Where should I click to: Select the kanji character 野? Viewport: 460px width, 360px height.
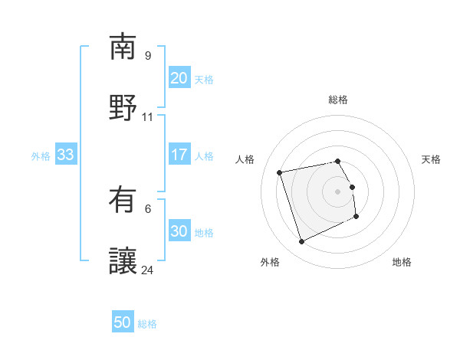coord(123,107)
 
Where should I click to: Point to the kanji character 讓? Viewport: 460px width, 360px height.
coord(123,261)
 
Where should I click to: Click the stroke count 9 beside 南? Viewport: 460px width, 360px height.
coord(148,55)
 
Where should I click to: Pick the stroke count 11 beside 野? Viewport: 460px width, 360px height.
coord(148,117)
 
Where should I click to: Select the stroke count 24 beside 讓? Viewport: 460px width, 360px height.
coord(148,270)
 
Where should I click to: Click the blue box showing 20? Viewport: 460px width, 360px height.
coord(179,78)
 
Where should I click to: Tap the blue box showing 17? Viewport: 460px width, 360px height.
coord(179,155)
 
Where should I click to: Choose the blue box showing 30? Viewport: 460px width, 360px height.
coord(179,231)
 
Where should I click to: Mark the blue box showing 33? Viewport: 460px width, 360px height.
coord(65,155)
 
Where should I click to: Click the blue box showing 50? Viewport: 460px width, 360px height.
coord(123,322)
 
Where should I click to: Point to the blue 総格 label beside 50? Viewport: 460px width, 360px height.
coord(147,324)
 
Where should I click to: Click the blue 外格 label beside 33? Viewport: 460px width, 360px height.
coord(41,156)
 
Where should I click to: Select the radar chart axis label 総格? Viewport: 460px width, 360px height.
coord(338,100)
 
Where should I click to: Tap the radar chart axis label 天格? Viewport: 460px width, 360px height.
coord(431,159)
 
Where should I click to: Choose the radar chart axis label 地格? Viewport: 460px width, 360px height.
coord(402,262)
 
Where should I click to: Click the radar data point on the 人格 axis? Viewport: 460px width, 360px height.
coord(280,172)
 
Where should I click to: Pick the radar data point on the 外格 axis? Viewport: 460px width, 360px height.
coord(301,242)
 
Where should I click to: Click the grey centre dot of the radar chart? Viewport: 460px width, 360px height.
coord(338,191)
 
